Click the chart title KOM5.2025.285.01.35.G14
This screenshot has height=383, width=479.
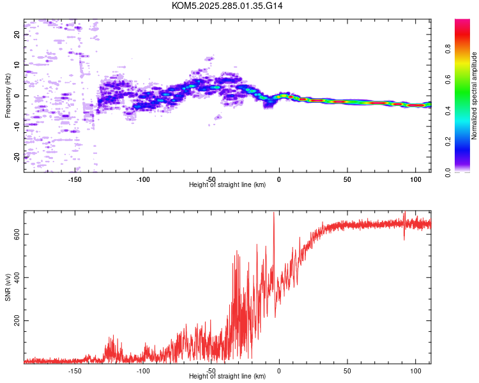[x=227, y=6]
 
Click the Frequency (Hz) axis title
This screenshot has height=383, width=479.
[x=8, y=96]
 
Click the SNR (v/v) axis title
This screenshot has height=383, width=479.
[x=8, y=287]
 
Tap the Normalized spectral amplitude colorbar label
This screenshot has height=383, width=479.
[x=474, y=96]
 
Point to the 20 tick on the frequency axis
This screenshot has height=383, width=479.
[x=17, y=34]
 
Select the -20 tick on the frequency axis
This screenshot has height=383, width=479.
[x=17, y=156]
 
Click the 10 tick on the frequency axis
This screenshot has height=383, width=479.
[x=17, y=65]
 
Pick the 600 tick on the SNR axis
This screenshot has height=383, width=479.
[x=17, y=234]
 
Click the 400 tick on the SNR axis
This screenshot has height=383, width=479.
[x=17, y=277]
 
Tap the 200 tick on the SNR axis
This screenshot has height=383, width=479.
[x=17, y=320]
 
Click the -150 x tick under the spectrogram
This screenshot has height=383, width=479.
[x=75, y=179]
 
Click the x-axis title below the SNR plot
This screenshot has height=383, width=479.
[x=227, y=377]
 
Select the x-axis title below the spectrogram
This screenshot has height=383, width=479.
[x=227, y=185]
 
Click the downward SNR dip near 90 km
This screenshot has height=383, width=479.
[x=404, y=239]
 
